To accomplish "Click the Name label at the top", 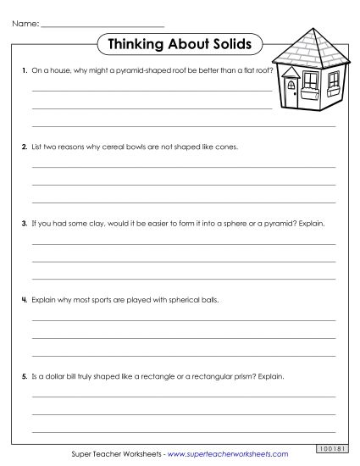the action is (x=25, y=23).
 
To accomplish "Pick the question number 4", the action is (x=25, y=300).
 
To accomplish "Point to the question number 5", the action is (x=25, y=375).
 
